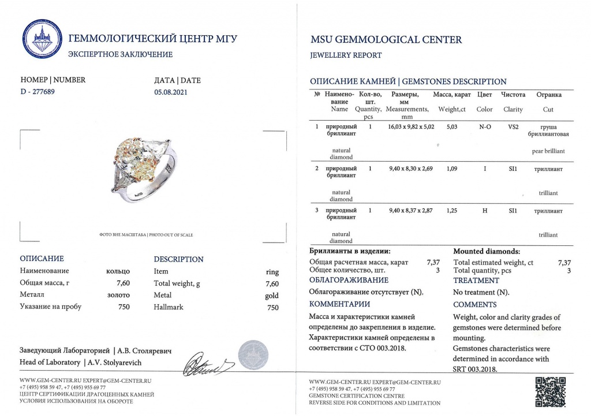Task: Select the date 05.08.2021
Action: coord(171,91)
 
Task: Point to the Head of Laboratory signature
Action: coord(208,363)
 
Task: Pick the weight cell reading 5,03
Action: coord(452,126)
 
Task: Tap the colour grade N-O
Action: coord(485,126)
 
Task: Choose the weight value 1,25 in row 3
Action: coord(452,211)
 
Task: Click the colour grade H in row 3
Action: coord(485,211)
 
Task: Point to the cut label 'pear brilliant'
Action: coord(548,151)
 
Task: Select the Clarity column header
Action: coord(513,109)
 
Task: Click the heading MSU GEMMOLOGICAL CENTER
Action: coord(386,40)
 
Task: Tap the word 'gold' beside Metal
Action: coord(271,295)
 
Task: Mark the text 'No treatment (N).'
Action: coord(481,292)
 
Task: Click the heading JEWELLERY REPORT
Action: coord(346,55)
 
